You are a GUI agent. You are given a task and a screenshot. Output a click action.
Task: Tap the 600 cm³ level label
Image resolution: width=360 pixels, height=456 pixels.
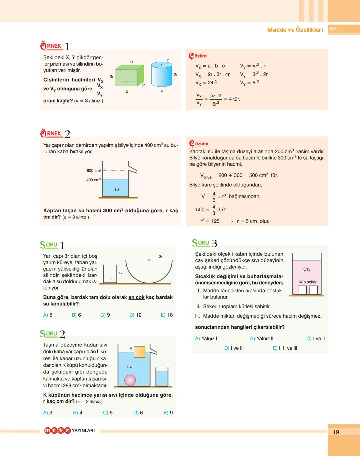(94, 170)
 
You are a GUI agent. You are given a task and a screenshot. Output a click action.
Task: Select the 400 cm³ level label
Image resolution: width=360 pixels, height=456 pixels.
(93, 180)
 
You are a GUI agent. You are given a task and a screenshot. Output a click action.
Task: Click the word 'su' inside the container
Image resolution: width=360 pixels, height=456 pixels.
(117, 189)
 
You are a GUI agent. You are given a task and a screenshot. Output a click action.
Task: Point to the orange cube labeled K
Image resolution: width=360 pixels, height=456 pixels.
(139, 351)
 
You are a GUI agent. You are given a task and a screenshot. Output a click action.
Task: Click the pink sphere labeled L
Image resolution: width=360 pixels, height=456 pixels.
(130, 380)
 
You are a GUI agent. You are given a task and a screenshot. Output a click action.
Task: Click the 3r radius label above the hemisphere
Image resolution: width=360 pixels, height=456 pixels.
(161, 257)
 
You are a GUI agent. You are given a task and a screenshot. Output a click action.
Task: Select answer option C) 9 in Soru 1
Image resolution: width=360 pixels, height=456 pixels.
(105, 315)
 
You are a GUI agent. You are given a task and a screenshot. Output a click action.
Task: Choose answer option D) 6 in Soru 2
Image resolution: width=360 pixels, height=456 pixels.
(138, 413)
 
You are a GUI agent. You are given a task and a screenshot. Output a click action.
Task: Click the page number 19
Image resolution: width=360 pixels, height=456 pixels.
(336, 432)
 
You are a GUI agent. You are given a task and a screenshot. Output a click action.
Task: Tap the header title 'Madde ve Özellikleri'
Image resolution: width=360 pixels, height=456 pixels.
(295, 30)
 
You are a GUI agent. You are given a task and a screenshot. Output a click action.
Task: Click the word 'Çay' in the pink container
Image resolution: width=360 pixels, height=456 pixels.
(307, 269)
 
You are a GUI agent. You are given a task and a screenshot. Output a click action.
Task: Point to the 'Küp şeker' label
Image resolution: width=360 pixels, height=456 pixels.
(307, 282)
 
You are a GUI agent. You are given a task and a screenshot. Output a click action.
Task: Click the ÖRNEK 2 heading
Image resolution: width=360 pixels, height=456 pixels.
(55, 134)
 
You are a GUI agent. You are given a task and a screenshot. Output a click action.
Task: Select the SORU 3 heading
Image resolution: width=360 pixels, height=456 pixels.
(204, 243)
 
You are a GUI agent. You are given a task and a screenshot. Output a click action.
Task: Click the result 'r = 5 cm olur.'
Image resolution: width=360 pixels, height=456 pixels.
(253, 221)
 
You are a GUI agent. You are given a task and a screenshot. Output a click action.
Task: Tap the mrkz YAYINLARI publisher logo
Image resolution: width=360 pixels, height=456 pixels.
(69, 431)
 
